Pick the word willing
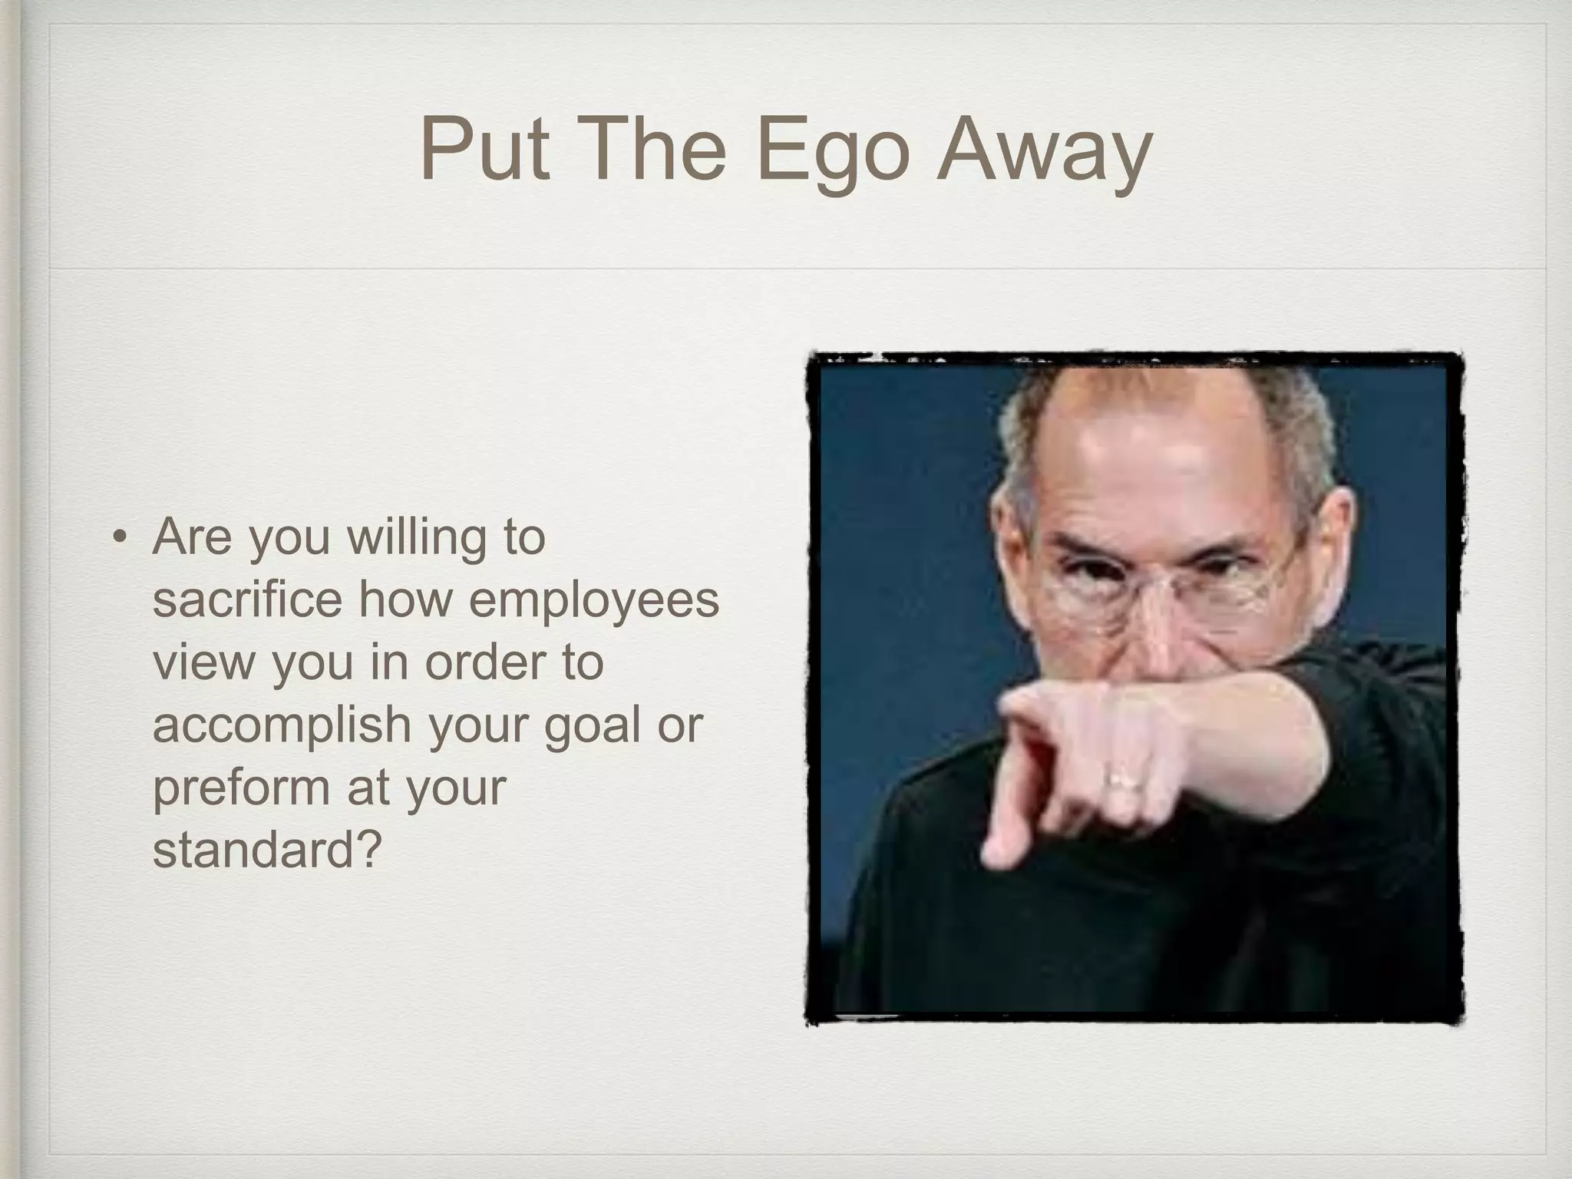click(416, 537)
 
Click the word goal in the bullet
click(592, 726)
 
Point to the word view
click(203, 662)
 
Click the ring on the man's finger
click(1124, 782)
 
